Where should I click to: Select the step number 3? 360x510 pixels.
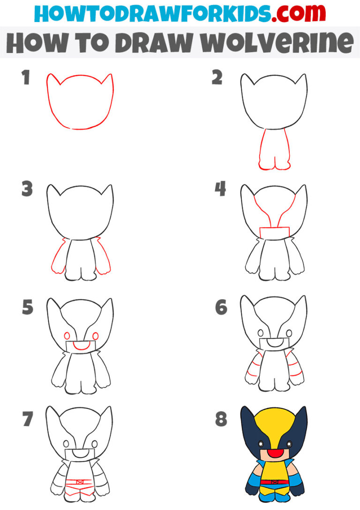(27, 190)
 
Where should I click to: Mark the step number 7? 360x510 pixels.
(27, 419)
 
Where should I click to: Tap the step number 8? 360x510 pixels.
(221, 419)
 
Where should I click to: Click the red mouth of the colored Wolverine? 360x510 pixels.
(274, 454)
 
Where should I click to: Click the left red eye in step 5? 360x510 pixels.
(67, 336)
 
